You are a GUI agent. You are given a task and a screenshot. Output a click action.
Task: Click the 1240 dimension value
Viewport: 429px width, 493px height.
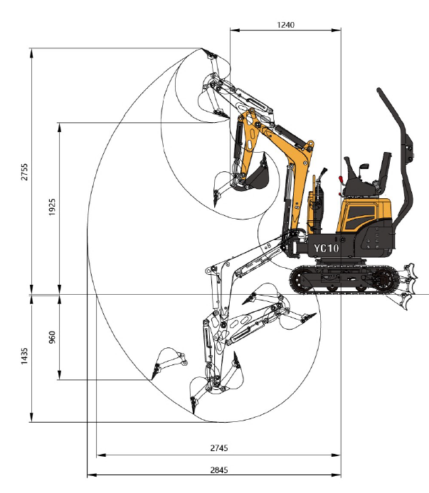point(286,25)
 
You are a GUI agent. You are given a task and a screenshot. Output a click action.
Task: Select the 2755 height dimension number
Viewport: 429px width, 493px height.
point(24,172)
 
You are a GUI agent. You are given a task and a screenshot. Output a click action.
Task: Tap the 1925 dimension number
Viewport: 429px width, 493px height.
point(52,207)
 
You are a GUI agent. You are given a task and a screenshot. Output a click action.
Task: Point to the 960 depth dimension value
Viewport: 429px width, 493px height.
point(52,337)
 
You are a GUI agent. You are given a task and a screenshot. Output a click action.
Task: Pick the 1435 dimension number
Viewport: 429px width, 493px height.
point(24,356)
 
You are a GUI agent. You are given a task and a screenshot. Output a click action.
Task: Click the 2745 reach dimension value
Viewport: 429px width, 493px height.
point(219,448)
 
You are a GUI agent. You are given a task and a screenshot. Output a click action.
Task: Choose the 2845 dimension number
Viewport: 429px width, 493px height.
point(219,470)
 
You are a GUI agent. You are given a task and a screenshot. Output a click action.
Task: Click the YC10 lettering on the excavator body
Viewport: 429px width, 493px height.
point(327,249)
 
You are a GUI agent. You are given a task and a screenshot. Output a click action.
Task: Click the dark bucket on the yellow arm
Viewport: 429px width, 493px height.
point(258,176)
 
